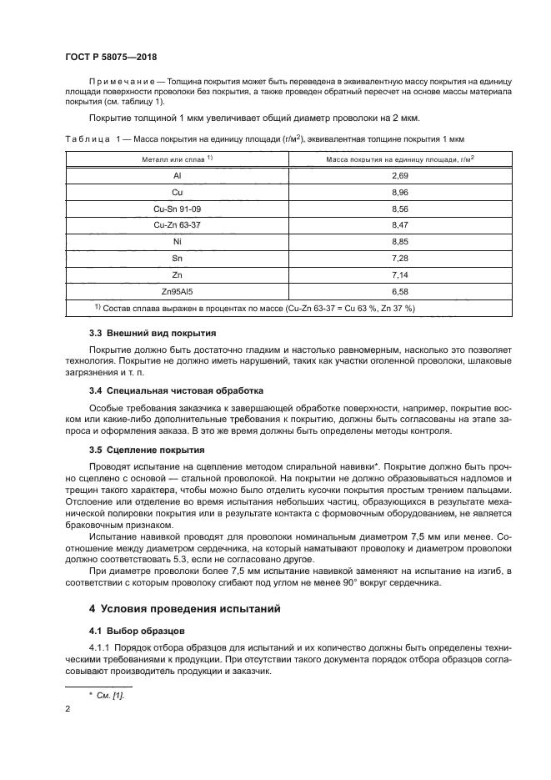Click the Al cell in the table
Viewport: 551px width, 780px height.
click(177, 177)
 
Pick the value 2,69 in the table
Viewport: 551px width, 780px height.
click(399, 177)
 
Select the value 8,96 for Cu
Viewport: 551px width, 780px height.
click(399, 193)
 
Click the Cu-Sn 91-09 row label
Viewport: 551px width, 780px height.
click(177, 209)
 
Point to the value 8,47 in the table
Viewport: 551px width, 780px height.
click(399, 224)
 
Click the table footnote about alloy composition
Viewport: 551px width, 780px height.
click(254, 308)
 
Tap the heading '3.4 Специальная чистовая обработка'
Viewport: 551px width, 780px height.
click(176, 390)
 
